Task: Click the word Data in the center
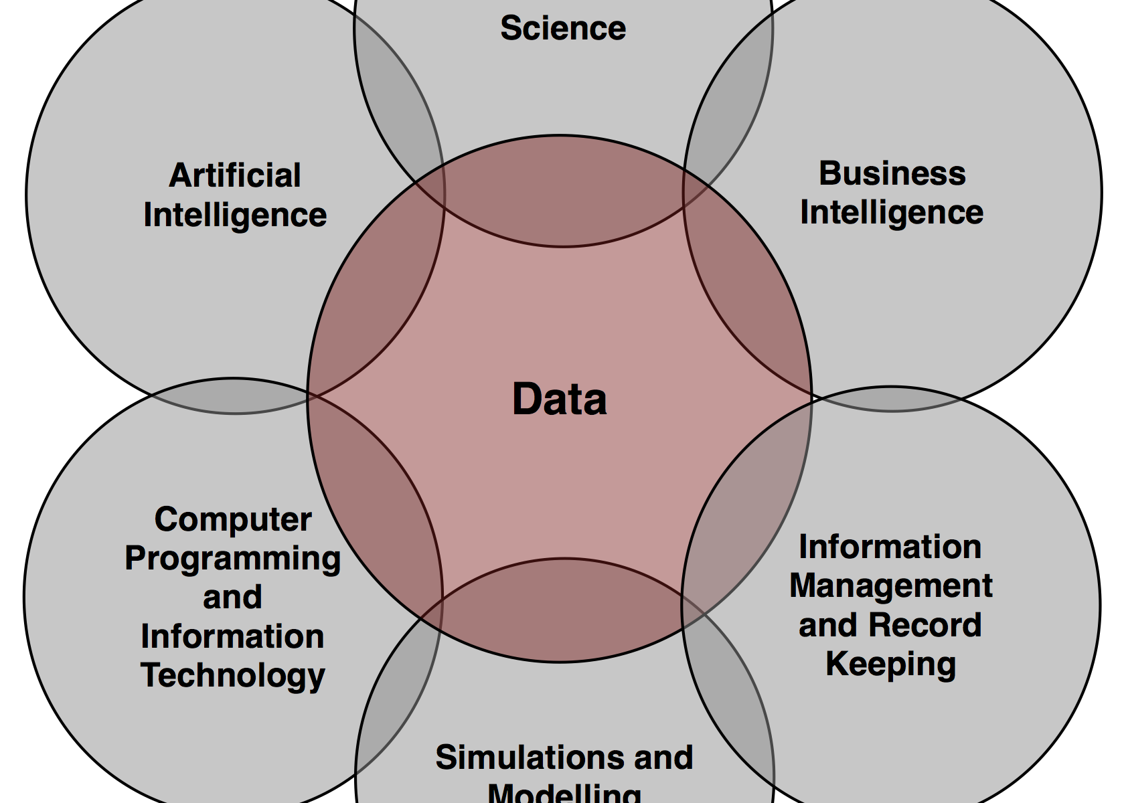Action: tap(560, 399)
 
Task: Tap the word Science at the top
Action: tap(563, 28)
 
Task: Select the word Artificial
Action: tap(235, 176)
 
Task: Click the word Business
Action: tap(892, 173)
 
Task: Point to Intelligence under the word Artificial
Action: tap(235, 215)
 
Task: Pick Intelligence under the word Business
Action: tap(892, 213)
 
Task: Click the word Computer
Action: tap(233, 520)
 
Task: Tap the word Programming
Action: tap(233, 559)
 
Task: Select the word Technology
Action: tap(233, 675)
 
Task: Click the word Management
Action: tap(891, 586)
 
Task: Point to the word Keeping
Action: tap(891, 664)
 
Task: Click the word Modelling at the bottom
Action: tap(564, 794)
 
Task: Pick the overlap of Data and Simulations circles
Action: tap(562, 609)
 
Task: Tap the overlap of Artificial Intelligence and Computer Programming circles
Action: tap(234, 397)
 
